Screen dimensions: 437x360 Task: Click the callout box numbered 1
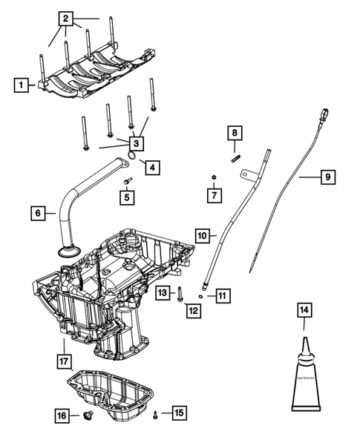(23, 85)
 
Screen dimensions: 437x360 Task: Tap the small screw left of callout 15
(155, 414)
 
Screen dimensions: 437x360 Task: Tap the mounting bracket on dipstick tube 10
(249, 176)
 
